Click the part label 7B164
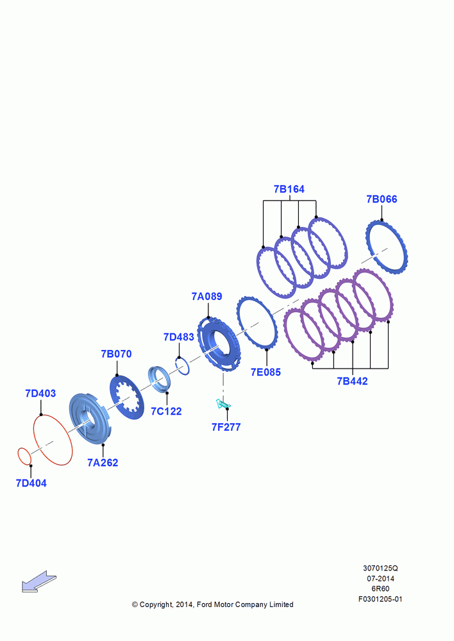click(289, 189)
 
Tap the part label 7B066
click(382, 199)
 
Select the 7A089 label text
click(207, 296)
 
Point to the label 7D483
click(179, 337)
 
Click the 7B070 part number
click(117, 354)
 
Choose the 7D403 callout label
click(40, 394)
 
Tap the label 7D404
click(31, 483)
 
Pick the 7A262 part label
click(103, 463)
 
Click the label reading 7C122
click(166, 412)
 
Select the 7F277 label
click(226, 427)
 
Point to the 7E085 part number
click(266, 372)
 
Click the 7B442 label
click(352, 381)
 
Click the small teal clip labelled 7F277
click(223, 404)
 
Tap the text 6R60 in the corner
click(380, 588)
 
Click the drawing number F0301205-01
click(380, 599)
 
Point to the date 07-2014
click(380, 578)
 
